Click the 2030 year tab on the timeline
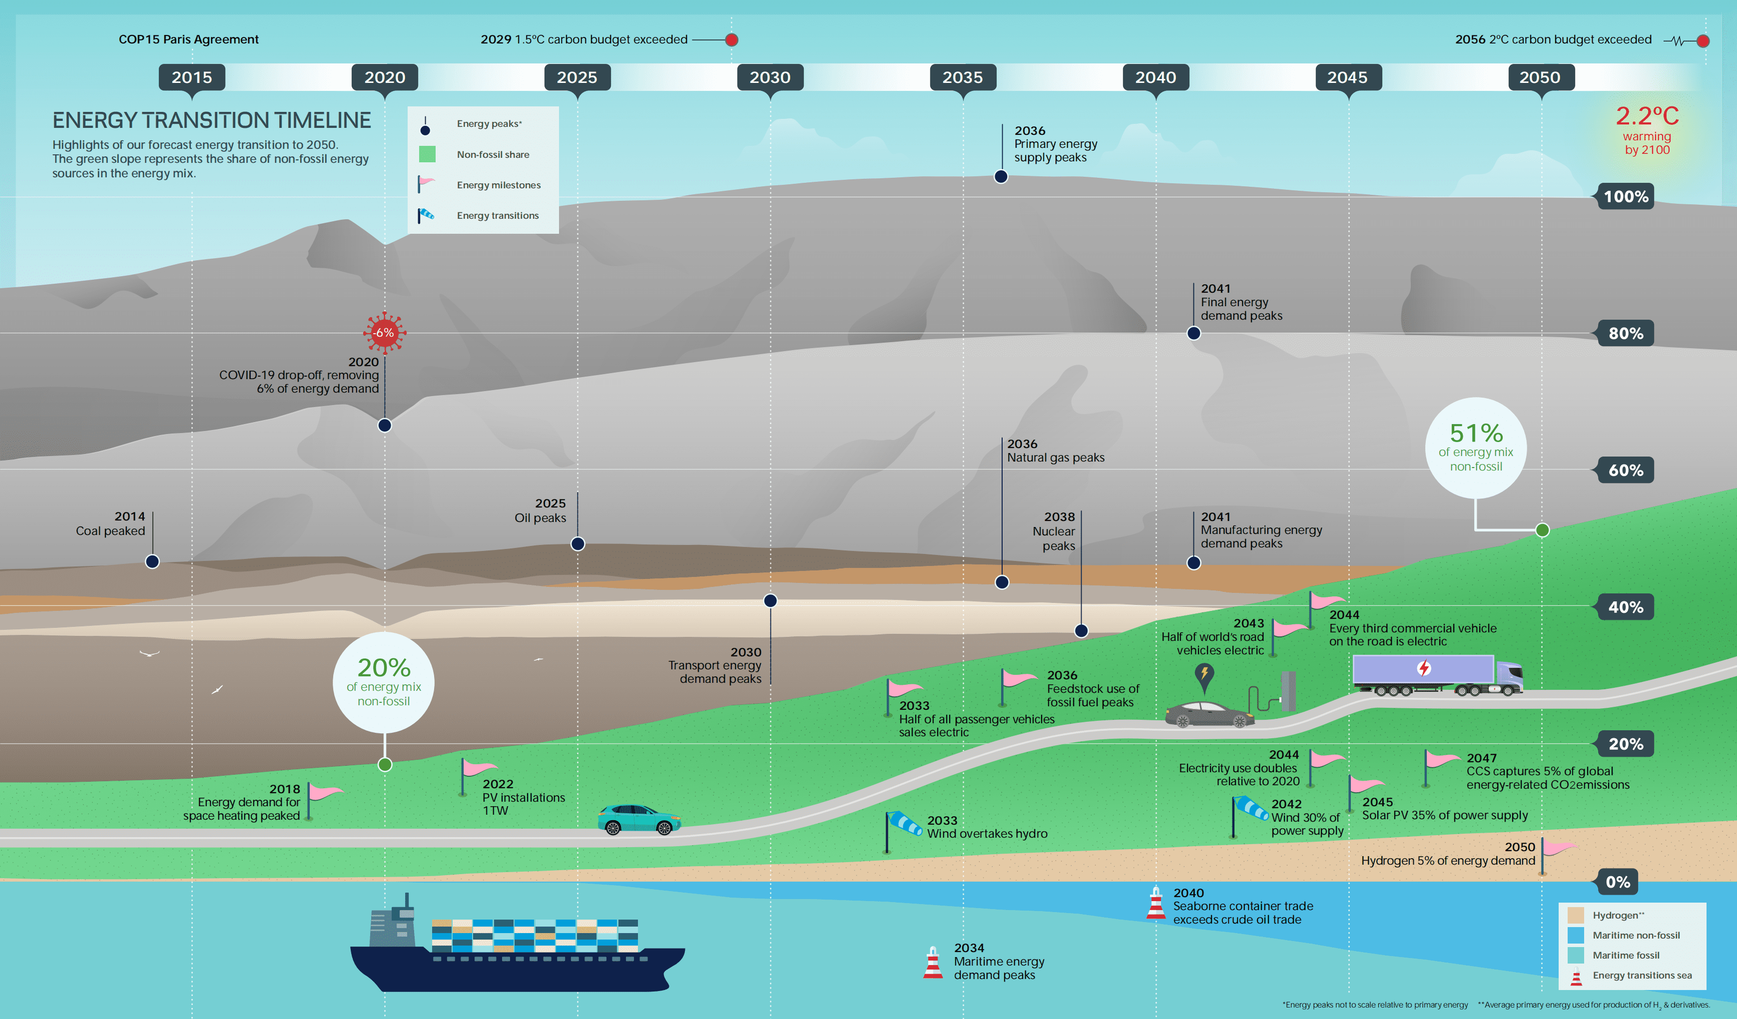770,77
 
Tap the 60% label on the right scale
1625,471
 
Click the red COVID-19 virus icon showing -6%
384,333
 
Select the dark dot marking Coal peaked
152,561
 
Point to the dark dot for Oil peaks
578,543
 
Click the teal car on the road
639,819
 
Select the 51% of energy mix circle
1475,448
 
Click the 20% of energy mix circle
384,682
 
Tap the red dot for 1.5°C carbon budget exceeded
731,40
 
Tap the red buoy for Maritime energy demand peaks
933,963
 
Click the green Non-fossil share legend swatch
427,154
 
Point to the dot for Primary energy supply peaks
1001,176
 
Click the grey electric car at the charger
1209,714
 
